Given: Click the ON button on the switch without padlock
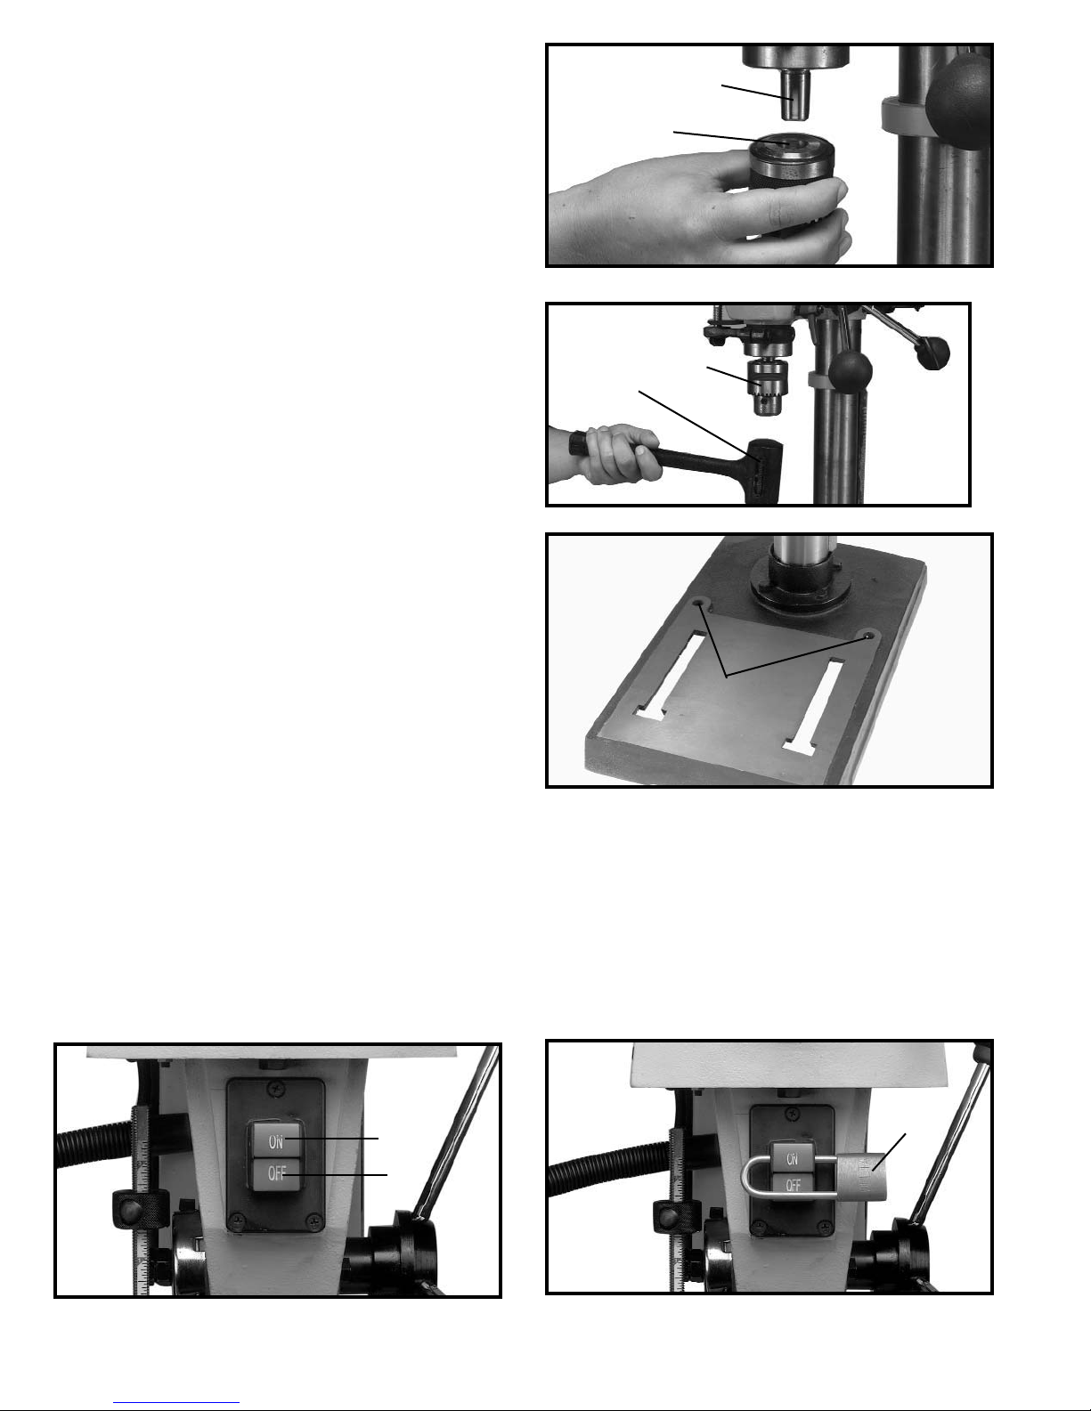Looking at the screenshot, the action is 274,1141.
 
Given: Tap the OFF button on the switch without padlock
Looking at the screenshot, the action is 275,1174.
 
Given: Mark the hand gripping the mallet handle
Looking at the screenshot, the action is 607,453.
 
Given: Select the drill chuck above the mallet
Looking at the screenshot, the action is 769,387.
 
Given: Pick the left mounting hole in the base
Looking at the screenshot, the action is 700,605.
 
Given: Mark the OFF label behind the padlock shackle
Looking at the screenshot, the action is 793,1185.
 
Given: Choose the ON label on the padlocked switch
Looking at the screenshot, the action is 793,1158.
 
